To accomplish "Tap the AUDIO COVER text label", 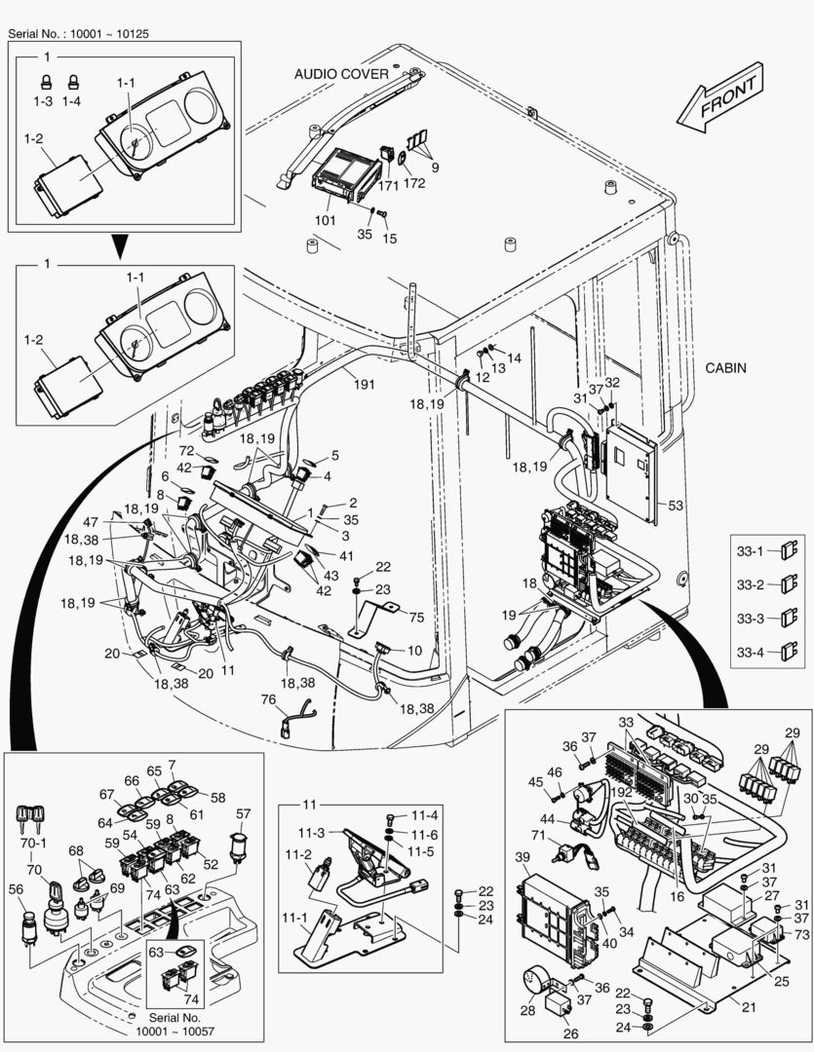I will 341,74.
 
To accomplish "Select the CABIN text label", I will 726,368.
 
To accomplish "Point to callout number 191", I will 364,384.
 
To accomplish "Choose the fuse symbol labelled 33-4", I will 785,647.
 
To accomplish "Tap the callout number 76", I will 268,698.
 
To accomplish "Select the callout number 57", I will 244,813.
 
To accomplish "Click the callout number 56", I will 16,888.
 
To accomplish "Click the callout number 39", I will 522,856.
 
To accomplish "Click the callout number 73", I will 802,934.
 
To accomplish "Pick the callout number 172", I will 413,183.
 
